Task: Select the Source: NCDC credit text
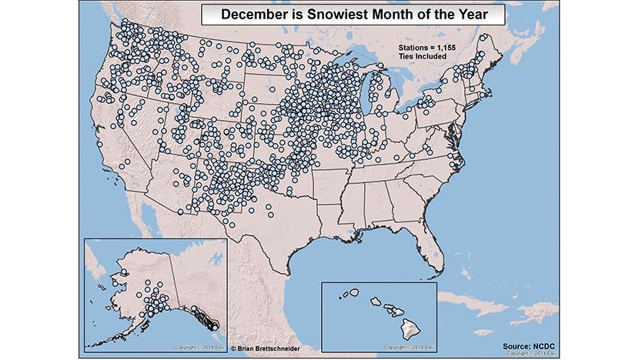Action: point(531,346)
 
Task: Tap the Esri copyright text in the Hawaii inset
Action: point(404,348)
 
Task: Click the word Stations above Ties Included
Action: point(414,48)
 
